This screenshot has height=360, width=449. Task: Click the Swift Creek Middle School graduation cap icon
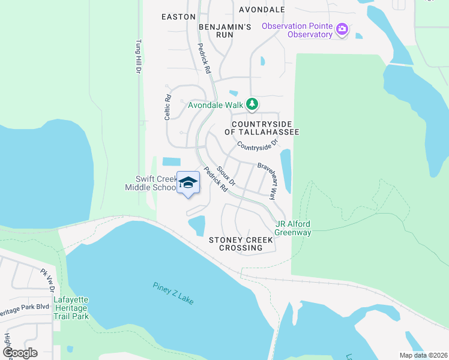click(188, 182)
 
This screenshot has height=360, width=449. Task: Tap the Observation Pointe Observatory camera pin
click(343, 29)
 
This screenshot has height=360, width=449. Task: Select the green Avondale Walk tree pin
click(253, 104)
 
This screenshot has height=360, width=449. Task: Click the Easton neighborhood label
click(178, 17)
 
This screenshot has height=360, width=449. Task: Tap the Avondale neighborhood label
click(262, 10)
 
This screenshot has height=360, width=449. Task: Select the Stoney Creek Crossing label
click(241, 244)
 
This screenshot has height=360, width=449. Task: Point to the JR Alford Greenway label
click(293, 229)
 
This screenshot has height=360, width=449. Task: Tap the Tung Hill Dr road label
click(137, 57)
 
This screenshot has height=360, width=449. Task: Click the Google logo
click(20, 352)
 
